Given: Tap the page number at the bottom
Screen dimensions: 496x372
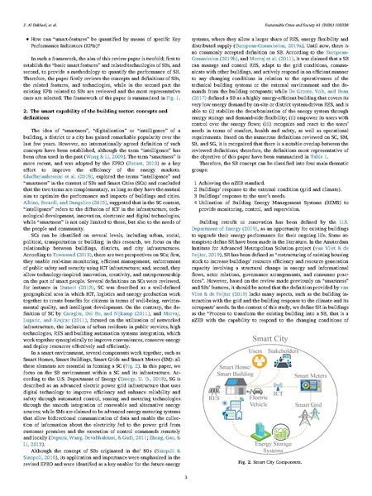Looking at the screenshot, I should click(x=186, y=484).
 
